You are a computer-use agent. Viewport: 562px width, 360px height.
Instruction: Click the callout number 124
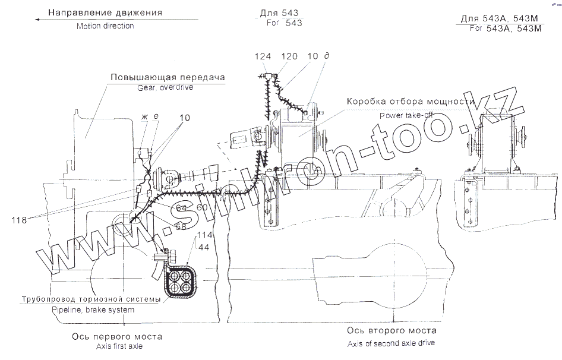coord(263,56)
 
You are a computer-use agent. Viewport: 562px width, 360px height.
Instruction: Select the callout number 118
coord(19,219)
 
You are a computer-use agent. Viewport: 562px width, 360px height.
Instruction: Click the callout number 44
coord(203,246)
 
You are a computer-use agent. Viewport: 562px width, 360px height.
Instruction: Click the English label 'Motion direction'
coord(105,26)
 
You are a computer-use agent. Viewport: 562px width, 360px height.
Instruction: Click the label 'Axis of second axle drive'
coord(391,343)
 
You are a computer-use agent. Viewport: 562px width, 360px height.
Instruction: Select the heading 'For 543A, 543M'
coord(507,28)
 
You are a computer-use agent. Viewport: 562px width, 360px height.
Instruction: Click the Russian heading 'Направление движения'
coord(105,12)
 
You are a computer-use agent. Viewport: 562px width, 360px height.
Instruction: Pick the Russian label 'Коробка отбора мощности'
coord(410,101)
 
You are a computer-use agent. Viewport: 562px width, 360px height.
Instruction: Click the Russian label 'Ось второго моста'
coord(391,330)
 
